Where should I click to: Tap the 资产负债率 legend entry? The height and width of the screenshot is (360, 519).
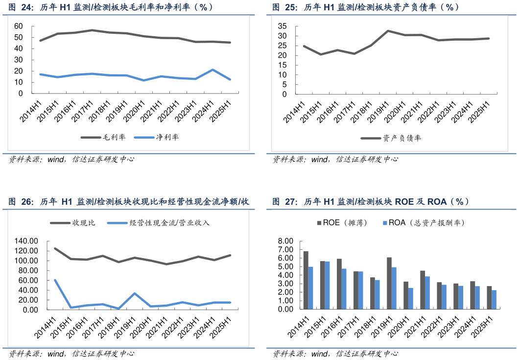pyautogui.click(x=391, y=138)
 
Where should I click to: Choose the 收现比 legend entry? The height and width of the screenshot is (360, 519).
pyautogui.click(x=73, y=223)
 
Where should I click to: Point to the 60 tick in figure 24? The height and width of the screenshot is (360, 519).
pyautogui.click(x=19, y=25)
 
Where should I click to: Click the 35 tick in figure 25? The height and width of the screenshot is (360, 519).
pyautogui.click(x=281, y=26)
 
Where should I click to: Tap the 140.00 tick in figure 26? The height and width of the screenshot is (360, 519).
pyautogui.click(x=26, y=241)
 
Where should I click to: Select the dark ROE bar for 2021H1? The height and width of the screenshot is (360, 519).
pyautogui.click(x=423, y=290)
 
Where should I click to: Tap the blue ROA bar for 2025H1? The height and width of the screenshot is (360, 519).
pyautogui.click(x=494, y=300)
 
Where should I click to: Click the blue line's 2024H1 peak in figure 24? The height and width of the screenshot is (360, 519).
pyautogui.click(x=213, y=70)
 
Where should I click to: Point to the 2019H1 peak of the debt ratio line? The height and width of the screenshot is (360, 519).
pyautogui.click(x=388, y=31)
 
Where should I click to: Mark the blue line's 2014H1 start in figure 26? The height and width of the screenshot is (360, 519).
pyautogui.click(x=54, y=280)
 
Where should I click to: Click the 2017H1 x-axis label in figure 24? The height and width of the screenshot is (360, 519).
pyautogui.click(x=84, y=111)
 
